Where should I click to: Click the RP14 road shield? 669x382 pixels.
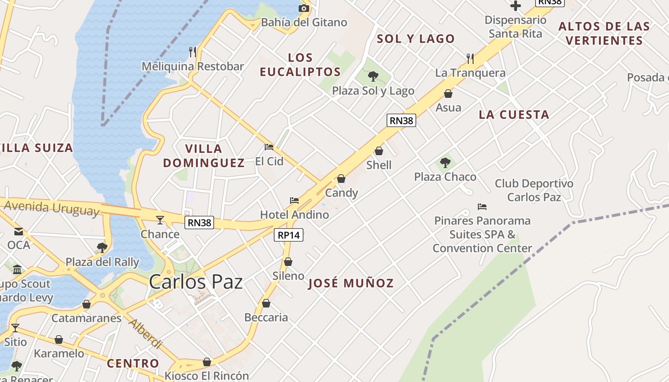coord(289,235)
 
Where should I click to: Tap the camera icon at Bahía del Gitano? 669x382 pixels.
coord(303,8)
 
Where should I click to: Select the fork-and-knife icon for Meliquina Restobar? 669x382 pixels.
coord(193,52)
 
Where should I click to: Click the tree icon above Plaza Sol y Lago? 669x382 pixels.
coord(373,76)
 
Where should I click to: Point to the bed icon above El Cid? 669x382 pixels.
coord(269,147)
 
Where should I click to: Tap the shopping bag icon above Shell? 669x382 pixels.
coord(379,151)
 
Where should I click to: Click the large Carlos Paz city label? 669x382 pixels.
coord(195,282)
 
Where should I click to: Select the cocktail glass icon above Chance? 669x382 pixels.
coord(160,220)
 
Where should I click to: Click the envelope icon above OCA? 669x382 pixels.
coord(19,232)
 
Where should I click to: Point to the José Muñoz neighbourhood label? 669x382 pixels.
coord(351,283)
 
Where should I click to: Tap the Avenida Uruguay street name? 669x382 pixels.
coord(52,208)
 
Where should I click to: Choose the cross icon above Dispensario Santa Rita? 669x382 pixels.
coord(515,6)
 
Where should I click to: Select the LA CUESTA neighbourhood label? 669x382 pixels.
coord(514,115)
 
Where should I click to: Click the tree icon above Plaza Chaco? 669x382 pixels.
coord(445,163)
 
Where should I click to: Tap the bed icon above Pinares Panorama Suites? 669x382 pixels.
coord(482,207)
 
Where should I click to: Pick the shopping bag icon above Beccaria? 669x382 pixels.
coord(266,303)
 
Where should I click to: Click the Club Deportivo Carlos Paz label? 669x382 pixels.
coord(534,190)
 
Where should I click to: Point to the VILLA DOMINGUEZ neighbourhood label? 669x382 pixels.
coord(204,156)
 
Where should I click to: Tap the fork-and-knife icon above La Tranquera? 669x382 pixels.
coord(470,59)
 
